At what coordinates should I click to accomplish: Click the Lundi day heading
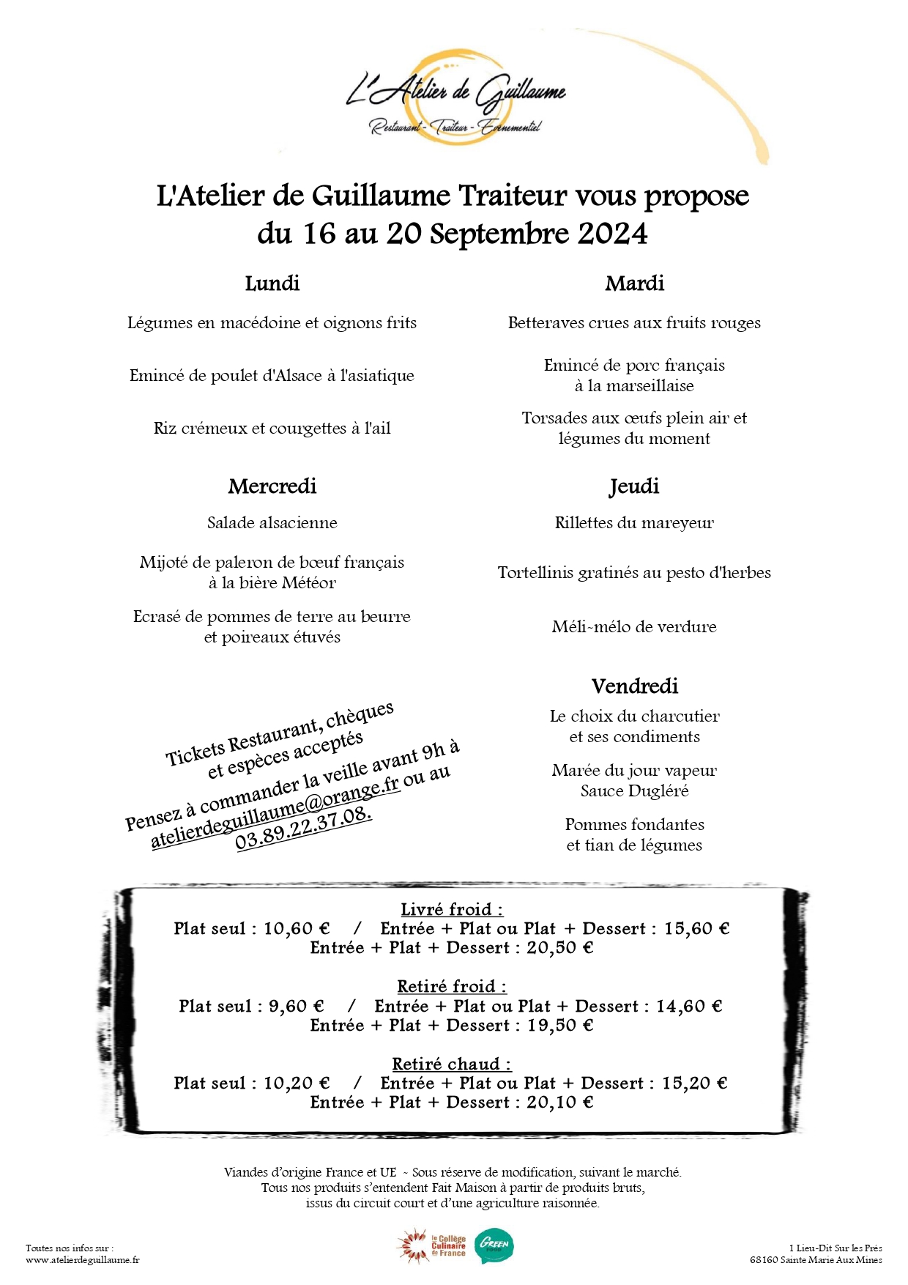point(272,284)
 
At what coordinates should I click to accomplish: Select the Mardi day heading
point(634,284)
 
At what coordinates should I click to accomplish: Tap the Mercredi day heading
point(272,486)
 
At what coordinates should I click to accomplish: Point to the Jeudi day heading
point(634,486)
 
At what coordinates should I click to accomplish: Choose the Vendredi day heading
point(634,686)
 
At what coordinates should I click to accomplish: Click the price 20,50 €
point(560,948)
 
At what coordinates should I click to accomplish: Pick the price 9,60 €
point(297,1007)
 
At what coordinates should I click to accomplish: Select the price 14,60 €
point(689,1007)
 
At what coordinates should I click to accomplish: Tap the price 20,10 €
point(560,1103)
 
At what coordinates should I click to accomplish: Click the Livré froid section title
point(452,910)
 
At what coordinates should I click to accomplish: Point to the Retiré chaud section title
point(452,1064)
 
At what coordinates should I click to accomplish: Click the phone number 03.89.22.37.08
point(303,829)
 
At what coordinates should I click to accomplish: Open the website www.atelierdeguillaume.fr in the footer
point(83,1260)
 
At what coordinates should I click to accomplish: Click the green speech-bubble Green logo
point(494,1245)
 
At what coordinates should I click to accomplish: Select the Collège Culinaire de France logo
point(433,1246)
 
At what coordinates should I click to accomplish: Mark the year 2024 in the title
point(612,234)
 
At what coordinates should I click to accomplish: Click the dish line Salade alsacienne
point(272,523)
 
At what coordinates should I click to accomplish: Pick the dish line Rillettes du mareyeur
point(634,523)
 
